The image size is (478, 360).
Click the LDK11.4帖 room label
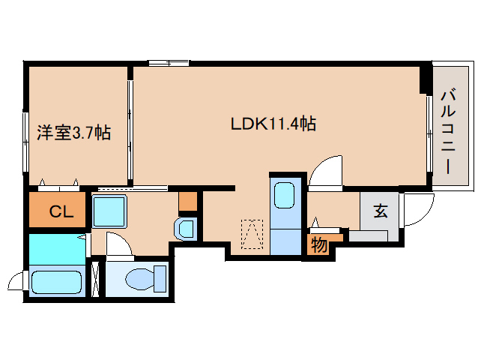(x=273, y=124)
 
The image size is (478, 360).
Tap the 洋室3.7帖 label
(x=73, y=133)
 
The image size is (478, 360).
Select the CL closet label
(x=61, y=211)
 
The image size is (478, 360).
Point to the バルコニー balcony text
(x=448, y=130)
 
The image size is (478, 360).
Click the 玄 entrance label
(x=381, y=211)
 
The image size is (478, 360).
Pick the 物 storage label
(x=319, y=244)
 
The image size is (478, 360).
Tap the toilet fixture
(x=145, y=278)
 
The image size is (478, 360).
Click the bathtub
(x=56, y=283)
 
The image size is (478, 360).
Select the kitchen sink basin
(x=284, y=195)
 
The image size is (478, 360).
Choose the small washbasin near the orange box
(x=184, y=229)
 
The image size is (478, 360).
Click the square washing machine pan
(x=109, y=211)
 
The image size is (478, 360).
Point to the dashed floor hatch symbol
(x=252, y=234)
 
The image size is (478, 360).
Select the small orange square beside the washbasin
(x=188, y=201)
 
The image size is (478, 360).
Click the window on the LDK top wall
(x=169, y=63)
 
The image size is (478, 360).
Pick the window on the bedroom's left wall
(x=25, y=142)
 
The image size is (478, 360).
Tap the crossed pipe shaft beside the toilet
(x=96, y=279)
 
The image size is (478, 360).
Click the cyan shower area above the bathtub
(x=57, y=249)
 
